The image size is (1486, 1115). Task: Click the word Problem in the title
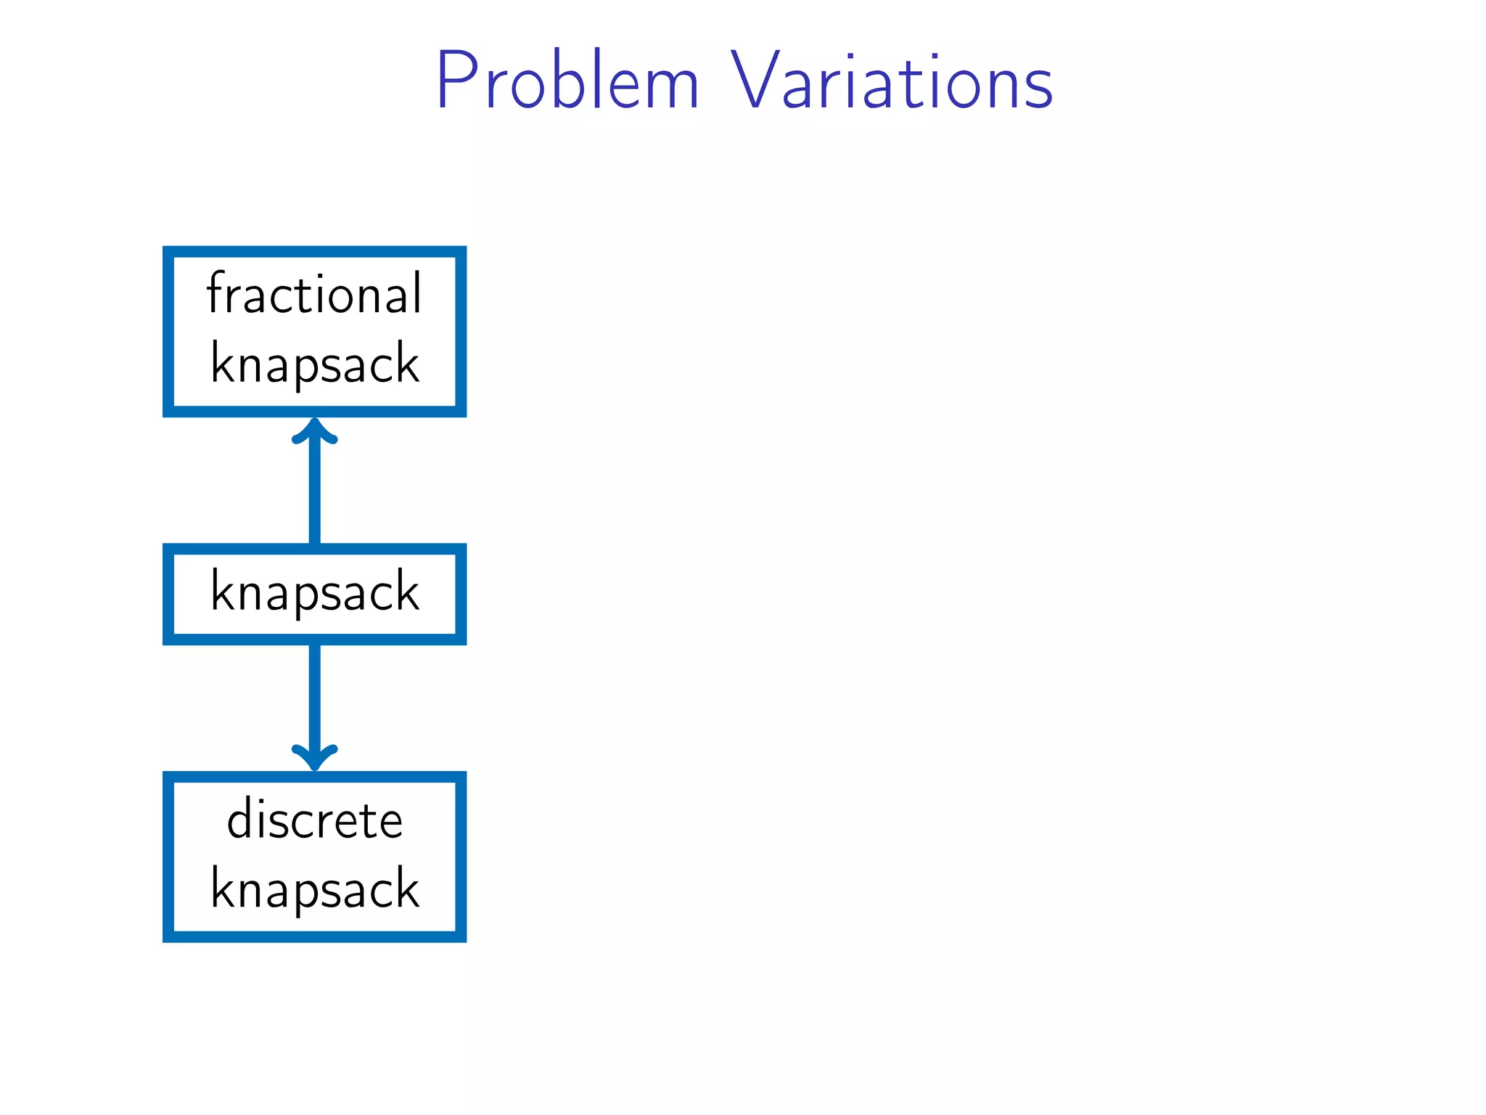[x=567, y=81]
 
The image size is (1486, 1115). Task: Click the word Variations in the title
[x=892, y=81]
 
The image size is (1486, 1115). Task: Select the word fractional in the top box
[x=314, y=293]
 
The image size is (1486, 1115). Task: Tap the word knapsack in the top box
[x=314, y=363]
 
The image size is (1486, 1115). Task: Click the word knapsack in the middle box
[x=314, y=592]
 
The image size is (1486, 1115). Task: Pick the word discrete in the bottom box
[x=314, y=820]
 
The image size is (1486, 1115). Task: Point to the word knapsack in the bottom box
[x=314, y=889]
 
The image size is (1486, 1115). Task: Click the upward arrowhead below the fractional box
[x=314, y=430]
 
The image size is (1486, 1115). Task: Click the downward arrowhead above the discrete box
[x=314, y=759]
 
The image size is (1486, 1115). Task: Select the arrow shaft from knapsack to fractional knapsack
[x=314, y=494]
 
